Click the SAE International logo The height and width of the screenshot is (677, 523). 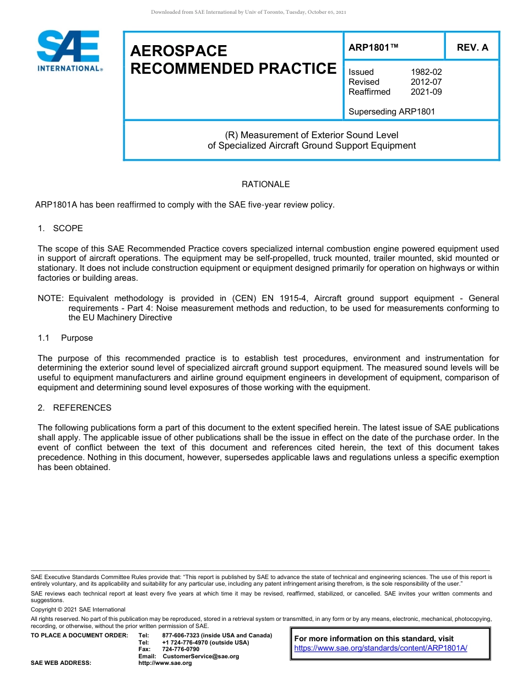(69, 51)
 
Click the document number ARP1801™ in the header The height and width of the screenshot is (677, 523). (373, 48)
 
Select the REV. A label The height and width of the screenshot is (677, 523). (472, 48)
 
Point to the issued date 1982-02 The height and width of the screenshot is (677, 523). (426, 72)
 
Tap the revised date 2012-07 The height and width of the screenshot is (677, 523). (426, 82)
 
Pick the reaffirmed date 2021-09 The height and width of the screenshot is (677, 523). (426, 92)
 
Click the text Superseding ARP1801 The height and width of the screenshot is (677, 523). (391, 112)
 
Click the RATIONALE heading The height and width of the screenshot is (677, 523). (265, 184)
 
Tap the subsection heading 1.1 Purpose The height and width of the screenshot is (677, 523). (65, 338)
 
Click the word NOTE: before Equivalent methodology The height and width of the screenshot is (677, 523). (51, 298)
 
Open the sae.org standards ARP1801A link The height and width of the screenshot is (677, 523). (380, 648)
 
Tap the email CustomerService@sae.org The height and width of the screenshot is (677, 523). (200, 657)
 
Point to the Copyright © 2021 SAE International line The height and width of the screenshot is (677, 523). (78, 609)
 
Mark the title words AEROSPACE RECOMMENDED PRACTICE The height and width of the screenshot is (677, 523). (233, 59)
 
